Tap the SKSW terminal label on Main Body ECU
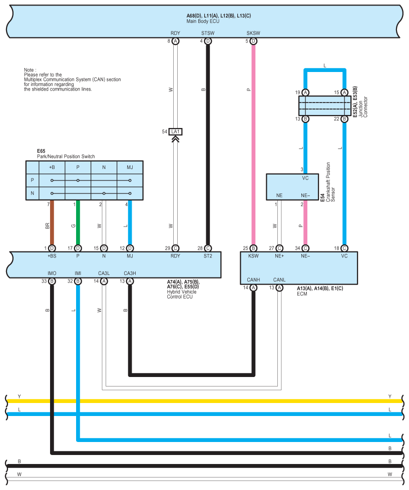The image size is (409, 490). (253, 33)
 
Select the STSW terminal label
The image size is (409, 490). (208, 33)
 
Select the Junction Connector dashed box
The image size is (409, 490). (324, 106)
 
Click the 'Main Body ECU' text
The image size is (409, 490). (203, 21)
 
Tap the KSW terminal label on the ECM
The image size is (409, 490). (253, 256)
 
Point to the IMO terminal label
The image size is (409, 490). (52, 273)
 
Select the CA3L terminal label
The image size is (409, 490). (104, 273)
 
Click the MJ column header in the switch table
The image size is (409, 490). (130, 167)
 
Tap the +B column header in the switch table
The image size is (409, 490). (52, 167)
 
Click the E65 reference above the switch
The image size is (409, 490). (41, 150)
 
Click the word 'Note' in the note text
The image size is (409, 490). (29, 70)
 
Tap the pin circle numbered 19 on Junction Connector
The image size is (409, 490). (305, 92)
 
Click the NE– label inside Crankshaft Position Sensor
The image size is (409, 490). (305, 195)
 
